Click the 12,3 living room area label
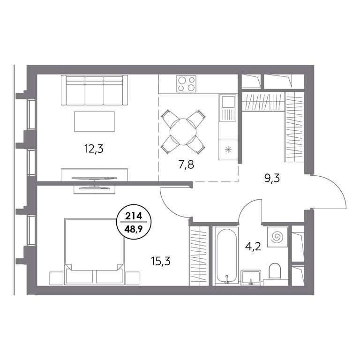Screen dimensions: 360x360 click(x=94, y=149)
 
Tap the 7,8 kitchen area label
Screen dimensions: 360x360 click(x=186, y=165)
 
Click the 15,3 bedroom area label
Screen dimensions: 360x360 click(x=161, y=261)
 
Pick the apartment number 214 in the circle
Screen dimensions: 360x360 click(x=134, y=216)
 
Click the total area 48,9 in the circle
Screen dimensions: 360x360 click(x=134, y=228)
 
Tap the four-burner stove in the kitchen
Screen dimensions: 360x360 click(x=186, y=83)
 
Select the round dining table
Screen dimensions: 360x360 click(x=183, y=132)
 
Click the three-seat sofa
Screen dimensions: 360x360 click(x=94, y=90)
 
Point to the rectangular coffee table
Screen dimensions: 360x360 click(x=94, y=122)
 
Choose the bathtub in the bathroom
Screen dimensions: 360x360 click(x=226, y=256)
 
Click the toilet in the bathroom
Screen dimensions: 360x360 click(x=275, y=271)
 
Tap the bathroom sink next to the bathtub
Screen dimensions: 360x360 click(x=251, y=278)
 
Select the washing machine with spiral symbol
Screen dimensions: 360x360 click(x=277, y=237)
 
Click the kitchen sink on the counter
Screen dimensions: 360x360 click(x=227, y=107)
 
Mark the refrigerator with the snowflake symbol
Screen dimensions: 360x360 click(x=227, y=150)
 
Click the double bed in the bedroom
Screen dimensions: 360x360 click(x=94, y=251)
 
